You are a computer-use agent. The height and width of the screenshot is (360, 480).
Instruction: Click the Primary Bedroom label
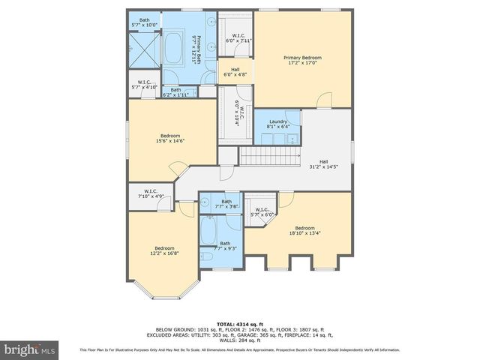point(303,61)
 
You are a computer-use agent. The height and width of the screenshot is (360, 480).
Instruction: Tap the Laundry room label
point(277,124)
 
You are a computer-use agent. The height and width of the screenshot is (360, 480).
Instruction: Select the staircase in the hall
point(268,156)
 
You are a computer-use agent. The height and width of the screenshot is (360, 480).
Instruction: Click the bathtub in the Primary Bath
point(178,47)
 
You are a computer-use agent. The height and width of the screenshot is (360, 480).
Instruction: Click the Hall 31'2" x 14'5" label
point(323,164)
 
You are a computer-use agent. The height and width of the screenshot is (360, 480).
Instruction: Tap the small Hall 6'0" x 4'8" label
point(235,72)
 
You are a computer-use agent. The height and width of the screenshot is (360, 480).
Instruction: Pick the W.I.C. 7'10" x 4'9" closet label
point(150,194)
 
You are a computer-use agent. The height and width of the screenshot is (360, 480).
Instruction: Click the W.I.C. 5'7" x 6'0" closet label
point(262,212)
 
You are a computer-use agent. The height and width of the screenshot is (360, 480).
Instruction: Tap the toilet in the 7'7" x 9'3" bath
point(208,257)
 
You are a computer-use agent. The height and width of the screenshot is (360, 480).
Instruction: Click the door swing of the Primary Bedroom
point(323,100)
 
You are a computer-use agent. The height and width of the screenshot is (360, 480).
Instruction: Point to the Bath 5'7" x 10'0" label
point(144,22)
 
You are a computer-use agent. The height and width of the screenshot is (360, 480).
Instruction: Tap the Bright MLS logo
point(30,349)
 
